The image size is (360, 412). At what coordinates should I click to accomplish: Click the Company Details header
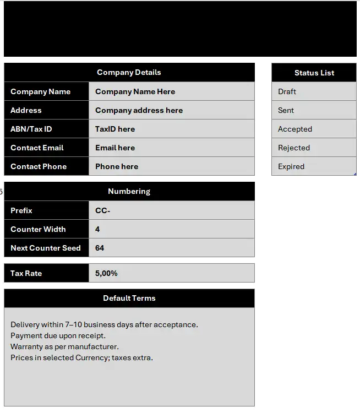coord(129,72)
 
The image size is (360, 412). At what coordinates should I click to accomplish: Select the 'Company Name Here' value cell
coord(135,91)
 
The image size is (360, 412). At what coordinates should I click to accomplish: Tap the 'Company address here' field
coord(139,110)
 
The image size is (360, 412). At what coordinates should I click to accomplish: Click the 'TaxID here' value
coord(115,129)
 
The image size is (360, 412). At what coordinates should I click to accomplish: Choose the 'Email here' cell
coord(115,148)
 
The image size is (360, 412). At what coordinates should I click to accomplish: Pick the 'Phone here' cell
coord(117,166)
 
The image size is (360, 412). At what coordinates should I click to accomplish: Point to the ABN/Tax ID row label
coord(31,129)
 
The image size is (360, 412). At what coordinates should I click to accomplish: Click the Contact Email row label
coord(37,148)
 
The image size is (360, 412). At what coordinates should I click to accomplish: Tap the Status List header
coord(314,73)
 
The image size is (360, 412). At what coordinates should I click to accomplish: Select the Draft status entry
coord(287,91)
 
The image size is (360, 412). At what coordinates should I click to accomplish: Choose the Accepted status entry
coord(295,129)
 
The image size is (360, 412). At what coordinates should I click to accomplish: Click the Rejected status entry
coord(294,148)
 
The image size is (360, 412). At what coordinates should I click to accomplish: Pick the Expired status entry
coord(291,166)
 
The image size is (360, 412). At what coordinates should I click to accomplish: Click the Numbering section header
coord(129,191)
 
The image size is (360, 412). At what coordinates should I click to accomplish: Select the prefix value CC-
coord(103,210)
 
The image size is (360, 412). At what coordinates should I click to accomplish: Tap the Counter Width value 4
coord(97,229)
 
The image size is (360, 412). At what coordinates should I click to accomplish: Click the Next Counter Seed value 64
coord(100,248)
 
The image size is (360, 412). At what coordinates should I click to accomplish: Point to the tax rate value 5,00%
coord(106,273)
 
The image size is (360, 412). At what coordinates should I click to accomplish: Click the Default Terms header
coord(129,298)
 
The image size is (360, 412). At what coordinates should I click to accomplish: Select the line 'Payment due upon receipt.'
coord(58,335)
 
